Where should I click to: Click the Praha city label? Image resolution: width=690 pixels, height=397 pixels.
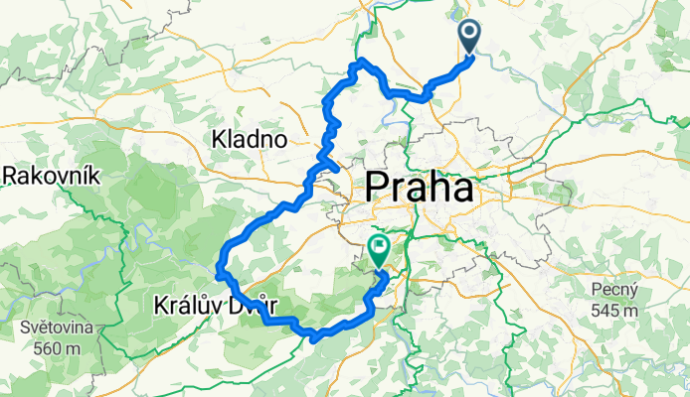420,187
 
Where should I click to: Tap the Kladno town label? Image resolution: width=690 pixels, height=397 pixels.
250,140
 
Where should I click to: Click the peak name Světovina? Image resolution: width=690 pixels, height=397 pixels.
58,329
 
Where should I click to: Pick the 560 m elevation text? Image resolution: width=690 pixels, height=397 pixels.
57,347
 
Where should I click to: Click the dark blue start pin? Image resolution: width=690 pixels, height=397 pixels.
470,38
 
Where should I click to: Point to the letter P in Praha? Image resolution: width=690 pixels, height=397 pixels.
378,187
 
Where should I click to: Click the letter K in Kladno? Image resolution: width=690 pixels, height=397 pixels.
219,140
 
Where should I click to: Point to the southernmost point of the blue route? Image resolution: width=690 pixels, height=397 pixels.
314,340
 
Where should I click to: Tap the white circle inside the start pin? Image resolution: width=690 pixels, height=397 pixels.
470,33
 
